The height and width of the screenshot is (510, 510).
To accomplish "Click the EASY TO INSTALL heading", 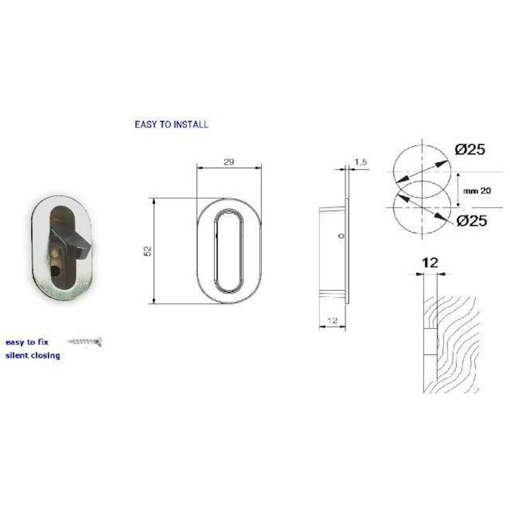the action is pos(171,124).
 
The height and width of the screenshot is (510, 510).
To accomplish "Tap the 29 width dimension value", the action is pos(229,162).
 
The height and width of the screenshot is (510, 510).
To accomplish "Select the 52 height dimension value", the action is pos(148,251).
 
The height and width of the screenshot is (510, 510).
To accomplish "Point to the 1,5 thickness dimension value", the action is pos(361,162).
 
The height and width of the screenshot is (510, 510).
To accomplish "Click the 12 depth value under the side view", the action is pos(332,321).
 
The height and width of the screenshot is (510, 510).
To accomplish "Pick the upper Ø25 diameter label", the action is pos(470,149).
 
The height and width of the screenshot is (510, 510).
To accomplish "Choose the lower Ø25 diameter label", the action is pos(472,221).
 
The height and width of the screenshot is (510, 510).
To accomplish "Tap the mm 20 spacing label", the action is pos(477,191).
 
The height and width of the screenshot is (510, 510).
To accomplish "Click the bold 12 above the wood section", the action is pos(430,263).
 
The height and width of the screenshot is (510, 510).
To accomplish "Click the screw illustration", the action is pos(85,341).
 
